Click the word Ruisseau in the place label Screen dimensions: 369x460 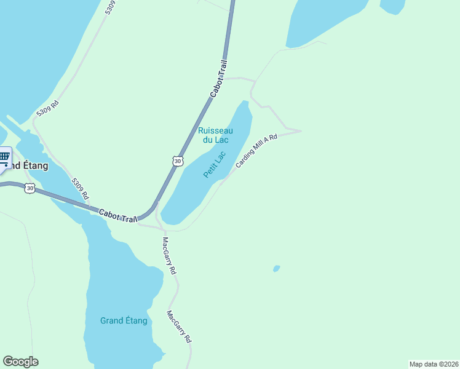[215, 130]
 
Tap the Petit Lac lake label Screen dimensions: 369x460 [215, 165]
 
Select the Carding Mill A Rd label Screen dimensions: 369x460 [256, 152]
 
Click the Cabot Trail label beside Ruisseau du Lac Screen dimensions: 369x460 [219, 78]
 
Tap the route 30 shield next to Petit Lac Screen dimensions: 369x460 [178, 161]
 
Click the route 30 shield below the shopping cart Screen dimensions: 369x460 [30, 188]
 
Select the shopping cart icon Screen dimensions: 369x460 [4, 157]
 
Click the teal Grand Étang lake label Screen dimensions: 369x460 [124, 320]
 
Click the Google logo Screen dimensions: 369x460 [20, 362]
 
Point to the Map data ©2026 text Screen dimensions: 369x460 [434, 363]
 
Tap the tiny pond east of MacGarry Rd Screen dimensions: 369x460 [277, 269]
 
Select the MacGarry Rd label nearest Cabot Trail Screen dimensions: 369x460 [169, 255]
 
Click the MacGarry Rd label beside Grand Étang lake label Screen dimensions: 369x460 [180, 327]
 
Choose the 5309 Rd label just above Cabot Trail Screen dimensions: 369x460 [80, 189]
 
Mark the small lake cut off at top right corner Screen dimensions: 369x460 [392, 6]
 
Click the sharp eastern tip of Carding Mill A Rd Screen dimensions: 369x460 [300, 130]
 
